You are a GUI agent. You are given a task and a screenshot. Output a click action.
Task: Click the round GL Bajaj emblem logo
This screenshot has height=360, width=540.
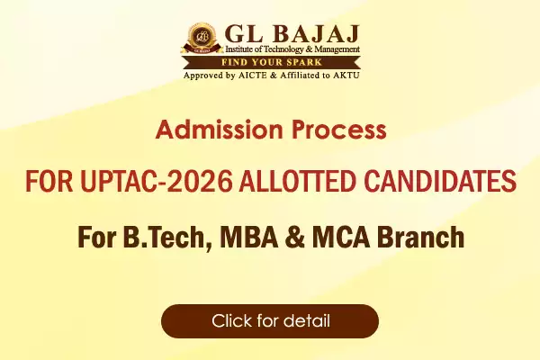click(201, 38)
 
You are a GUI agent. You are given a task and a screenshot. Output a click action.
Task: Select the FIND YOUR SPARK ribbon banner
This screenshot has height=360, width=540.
click(272, 62)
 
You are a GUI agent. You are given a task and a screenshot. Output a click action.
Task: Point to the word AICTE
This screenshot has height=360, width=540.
click(252, 75)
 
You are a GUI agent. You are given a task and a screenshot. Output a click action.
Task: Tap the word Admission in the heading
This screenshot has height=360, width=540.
click(219, 130)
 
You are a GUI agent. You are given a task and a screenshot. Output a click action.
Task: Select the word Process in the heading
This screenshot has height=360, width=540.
click(339, 130)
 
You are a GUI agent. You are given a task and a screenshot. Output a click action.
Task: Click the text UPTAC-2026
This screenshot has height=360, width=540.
click(156, 181)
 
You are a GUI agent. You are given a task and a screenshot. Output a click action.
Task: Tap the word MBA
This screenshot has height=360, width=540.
click(249, 237)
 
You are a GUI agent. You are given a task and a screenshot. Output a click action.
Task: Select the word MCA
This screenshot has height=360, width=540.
click(341, 237)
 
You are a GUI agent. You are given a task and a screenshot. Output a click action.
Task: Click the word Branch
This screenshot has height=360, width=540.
click(421, 237)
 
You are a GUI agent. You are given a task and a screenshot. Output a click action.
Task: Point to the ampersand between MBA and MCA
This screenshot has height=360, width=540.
click(295, 237)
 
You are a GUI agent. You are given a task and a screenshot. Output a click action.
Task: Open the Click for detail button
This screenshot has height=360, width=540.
click(270, 321)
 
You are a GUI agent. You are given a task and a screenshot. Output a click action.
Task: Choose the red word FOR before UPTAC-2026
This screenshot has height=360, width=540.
click(49, 181)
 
